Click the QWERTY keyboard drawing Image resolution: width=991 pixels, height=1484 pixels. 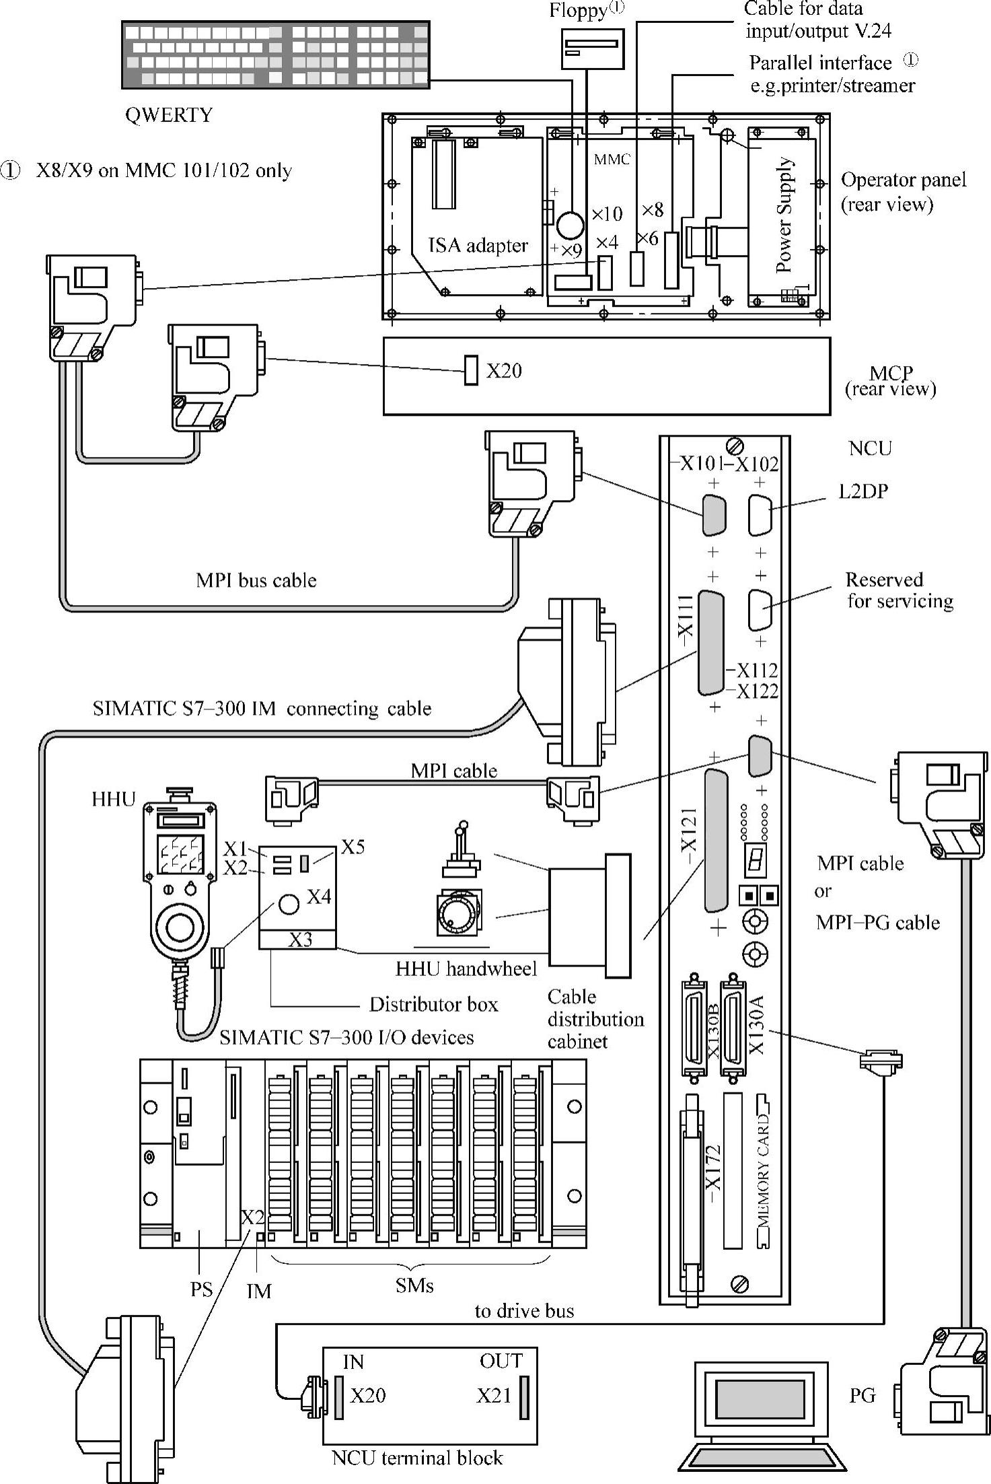pos(275,55)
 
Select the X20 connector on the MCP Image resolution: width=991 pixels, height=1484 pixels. pos(472,370)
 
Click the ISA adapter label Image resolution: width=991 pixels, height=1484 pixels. pos(478,246)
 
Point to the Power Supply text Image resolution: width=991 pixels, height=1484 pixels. pos(784,215)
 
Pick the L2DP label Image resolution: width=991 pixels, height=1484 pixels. pos(863,491)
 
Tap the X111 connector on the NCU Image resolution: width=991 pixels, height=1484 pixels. pos(711,643)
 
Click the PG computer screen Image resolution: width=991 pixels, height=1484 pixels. pos(760,1396)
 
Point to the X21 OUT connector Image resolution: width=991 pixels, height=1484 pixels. pos(524,1397)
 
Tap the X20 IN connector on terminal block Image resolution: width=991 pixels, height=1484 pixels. pos(340,1397)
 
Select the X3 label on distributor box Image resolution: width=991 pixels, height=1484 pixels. pos(300,940)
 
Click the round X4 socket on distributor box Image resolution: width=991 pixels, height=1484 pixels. pos(289,904)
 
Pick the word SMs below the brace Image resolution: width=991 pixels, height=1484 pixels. pos(414,1285)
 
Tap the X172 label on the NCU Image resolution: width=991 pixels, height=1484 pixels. pos(712,1174)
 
